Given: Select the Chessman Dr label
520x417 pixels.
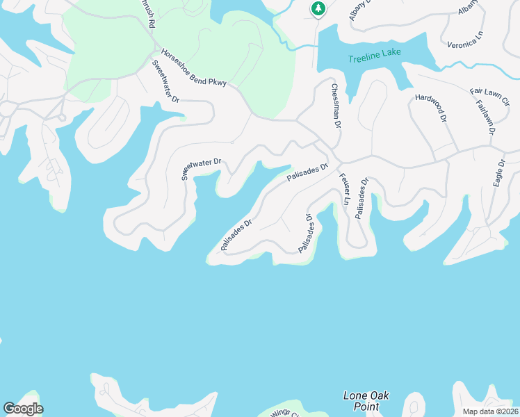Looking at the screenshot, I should click(336, 106).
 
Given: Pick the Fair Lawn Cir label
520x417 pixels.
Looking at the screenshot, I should click(489, 96).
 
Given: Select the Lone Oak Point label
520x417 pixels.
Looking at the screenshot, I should click(366, 401).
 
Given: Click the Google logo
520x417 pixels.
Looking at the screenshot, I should click(23, 409).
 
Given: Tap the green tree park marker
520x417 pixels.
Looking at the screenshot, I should click(318, 9).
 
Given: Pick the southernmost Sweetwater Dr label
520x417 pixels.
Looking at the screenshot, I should click(201, 169).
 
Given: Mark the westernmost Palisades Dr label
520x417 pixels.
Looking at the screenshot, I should click(236, 235).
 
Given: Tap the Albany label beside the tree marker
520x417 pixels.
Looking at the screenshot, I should click(361, 10).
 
